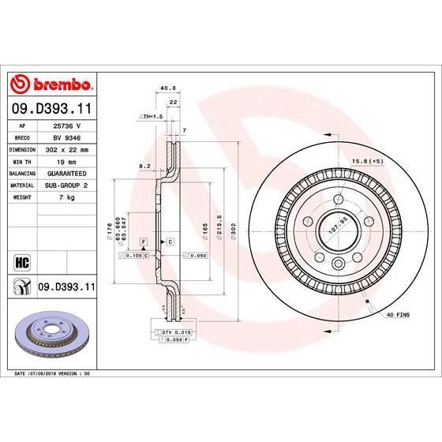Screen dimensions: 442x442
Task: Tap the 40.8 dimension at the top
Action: pos(167,88)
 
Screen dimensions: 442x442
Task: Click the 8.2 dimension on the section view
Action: pos(144,167)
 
